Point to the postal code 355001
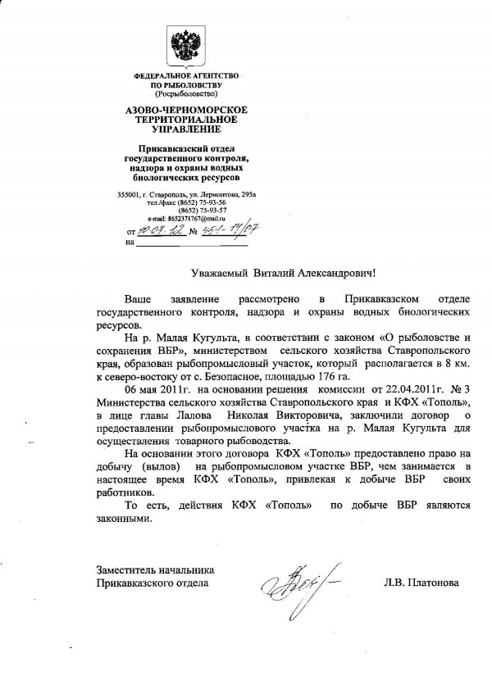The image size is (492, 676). (129, 193)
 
